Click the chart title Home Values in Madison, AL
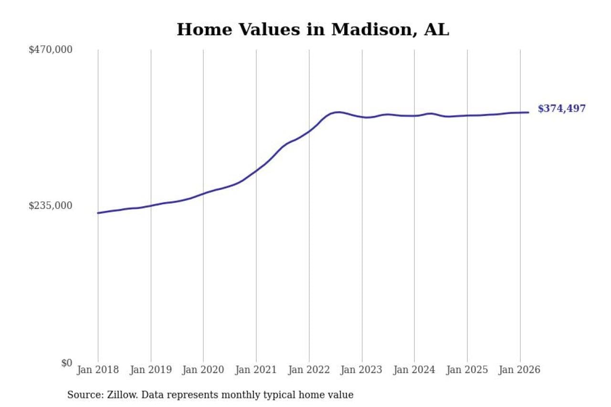coord(313,30)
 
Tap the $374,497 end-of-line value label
coord(561,109)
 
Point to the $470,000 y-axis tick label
coord(51,50)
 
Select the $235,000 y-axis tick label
coord(51,206)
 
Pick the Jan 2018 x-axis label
coord(98,370)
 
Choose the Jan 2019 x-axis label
coord(151,370)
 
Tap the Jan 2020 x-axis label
coord(203,370)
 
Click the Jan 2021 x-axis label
coord(256,370)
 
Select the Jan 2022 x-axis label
coord(309,370)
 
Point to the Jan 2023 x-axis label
coord(362,370)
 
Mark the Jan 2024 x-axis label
coord(414,370)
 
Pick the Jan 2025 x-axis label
coord(467,370)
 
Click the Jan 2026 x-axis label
coord(520,370)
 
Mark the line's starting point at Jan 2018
coord(98,213)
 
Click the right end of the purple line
coord(528,112)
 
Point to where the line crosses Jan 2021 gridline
coord(256,170)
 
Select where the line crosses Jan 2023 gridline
coord(362,117)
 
